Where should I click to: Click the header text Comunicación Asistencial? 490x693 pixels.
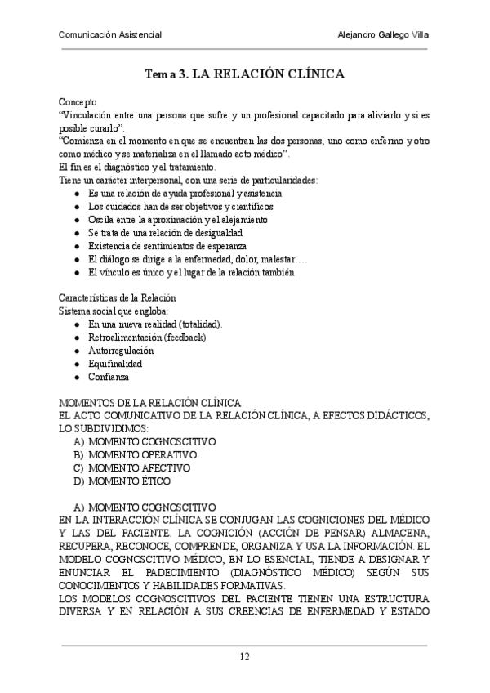point(110,35)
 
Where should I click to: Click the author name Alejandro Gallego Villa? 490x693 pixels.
point(382,35)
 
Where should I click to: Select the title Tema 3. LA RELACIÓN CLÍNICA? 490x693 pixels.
point(244,74)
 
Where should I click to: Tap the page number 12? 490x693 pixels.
point(244,657)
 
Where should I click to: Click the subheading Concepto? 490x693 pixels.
point(78,102)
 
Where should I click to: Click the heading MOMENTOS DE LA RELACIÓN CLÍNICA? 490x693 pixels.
point(150,402)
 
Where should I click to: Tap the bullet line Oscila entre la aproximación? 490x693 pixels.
point(180,220)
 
